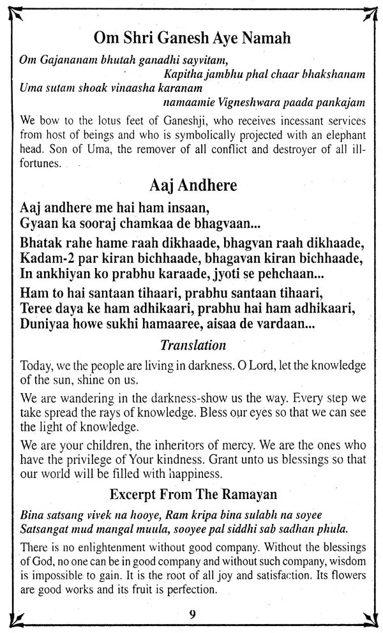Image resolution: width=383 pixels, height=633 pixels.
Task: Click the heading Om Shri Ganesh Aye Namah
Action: pyautogui.click(x=192, y=38)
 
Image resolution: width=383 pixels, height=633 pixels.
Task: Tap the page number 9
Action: pyautogui.click(x=192, y=614)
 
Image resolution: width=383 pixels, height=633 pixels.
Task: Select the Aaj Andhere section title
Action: pyautogui.click(x=192, y=185)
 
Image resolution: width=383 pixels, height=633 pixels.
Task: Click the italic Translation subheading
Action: pyautogui.click(x=193, y=345)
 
